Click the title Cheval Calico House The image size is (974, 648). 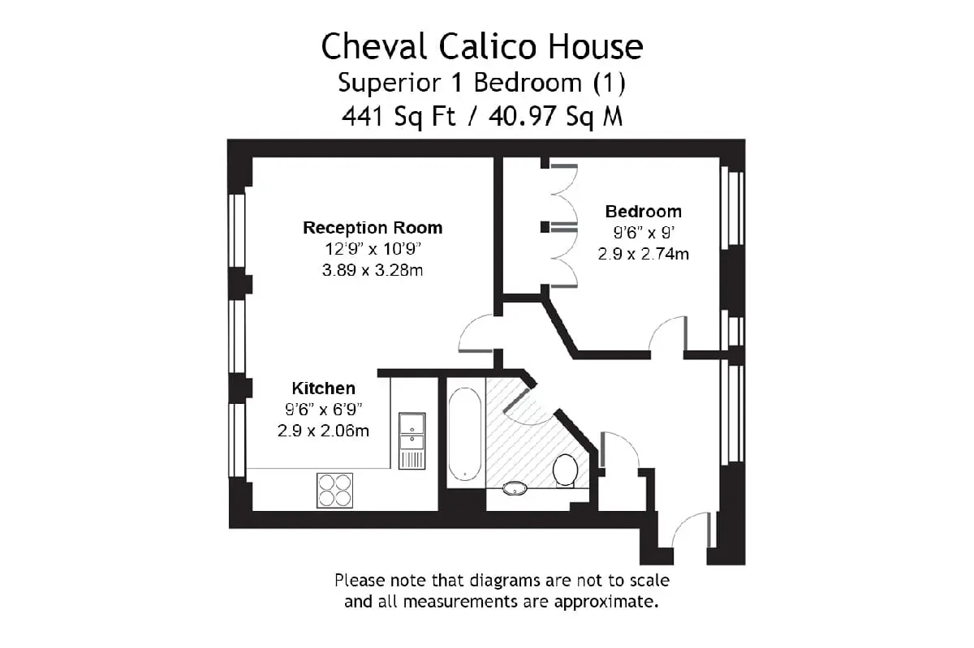tap(482, 46)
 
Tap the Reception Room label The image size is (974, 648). tap(373, 228)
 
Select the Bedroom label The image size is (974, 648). tap(644, 212)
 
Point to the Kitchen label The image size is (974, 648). tap(324, 388)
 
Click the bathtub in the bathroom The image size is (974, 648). tap(465, 434)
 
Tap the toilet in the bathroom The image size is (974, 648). tap(565, 470)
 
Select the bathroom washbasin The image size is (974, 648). tap(515, 488)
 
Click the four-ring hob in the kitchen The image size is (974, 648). tap(334, 490)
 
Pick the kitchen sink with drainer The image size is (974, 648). tap(412, 440)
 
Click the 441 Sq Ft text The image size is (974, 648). tap(399, 117)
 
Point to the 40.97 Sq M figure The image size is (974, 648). tap(556, 117)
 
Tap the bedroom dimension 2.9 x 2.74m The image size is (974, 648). tap(644, 254)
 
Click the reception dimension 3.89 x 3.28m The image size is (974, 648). tap(373, 270)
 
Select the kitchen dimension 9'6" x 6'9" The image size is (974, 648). tap(324, 410)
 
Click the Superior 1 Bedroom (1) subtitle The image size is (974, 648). tap(482, 83)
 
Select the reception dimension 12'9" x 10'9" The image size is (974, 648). tap(373, 249)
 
